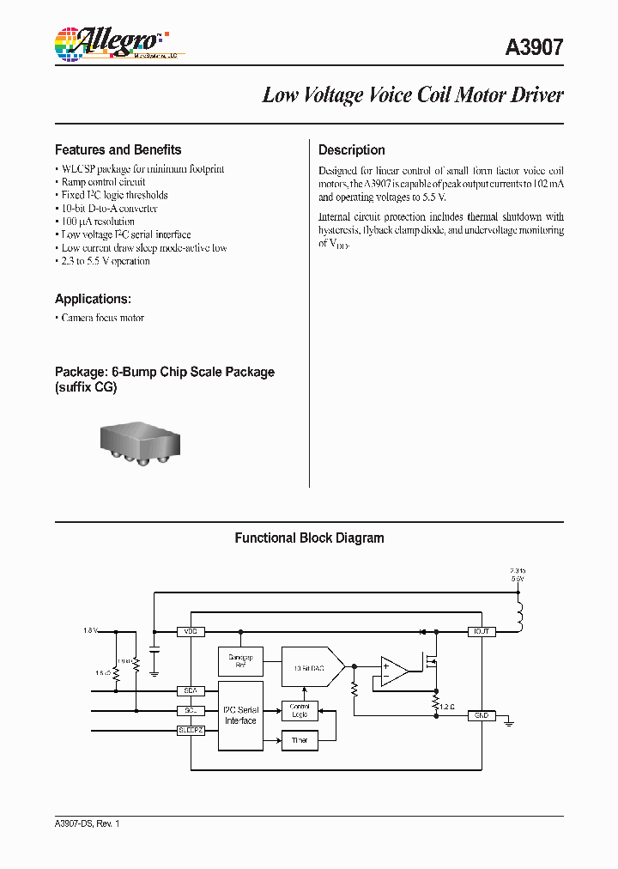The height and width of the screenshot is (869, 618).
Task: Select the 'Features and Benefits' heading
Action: coord(118,149)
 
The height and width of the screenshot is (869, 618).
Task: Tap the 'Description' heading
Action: coord(351,149)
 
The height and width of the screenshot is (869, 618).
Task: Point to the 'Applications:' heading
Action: coord(93,299)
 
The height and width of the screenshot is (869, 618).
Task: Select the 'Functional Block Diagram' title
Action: coord(309,538)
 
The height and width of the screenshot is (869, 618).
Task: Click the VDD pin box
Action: coord(190,631)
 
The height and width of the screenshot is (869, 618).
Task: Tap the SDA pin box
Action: coord(190,690)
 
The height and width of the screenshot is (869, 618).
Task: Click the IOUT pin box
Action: coord(480,631)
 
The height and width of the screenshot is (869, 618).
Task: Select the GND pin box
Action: coord(480,714)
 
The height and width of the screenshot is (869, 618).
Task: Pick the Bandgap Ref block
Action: coord(240,661)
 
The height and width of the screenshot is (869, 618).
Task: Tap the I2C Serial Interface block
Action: coord(240,715)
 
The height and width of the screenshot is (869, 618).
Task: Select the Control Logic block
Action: coord(299,710)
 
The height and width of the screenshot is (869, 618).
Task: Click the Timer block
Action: coord(299,739)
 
